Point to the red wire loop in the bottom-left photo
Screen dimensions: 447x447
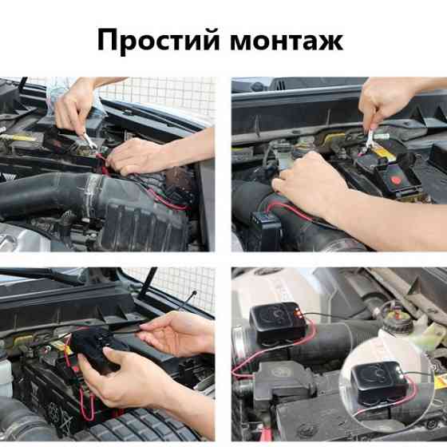tap(85, 399)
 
